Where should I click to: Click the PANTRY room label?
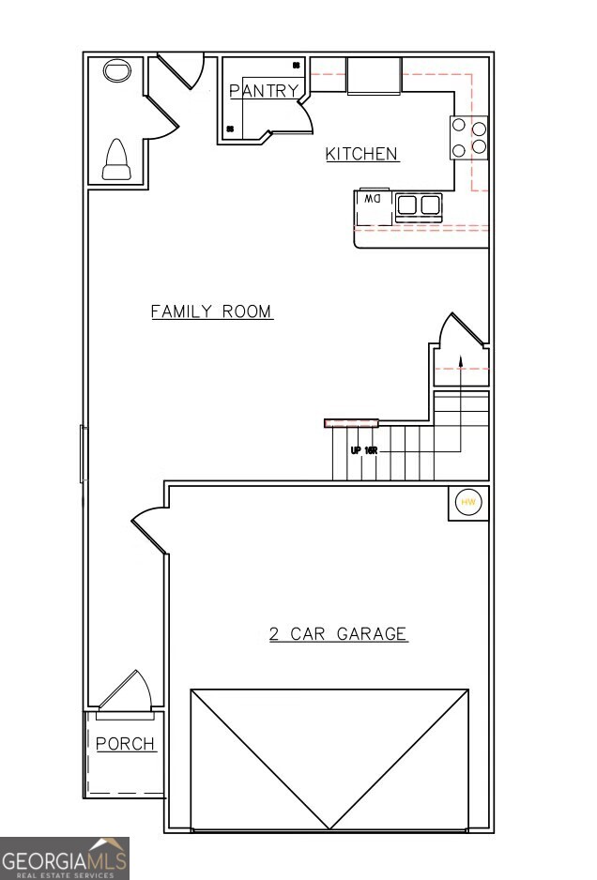(x=264, y=91)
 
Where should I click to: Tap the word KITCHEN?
(x=361, y=154)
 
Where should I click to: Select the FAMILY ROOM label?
(x=212, y=311)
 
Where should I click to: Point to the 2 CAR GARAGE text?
(x=338, y=634)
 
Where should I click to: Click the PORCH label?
(x=126, y=744)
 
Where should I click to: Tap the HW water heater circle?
(x=468, y=503)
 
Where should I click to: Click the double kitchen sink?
(x=419, y=205)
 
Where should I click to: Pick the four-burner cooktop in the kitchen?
(x=469, y=137)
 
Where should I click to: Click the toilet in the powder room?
(x=115, y=159)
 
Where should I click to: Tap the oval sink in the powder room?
(x=116, y=72)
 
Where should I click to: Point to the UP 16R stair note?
(x=363, y=450)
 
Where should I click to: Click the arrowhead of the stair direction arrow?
(x=460, y=359)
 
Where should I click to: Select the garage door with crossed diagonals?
(x=329, y=759)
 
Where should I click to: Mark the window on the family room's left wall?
(x=84, y=454)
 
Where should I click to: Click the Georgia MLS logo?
(x=64, y=858)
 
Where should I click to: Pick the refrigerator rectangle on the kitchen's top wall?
(x=374, y=75)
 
